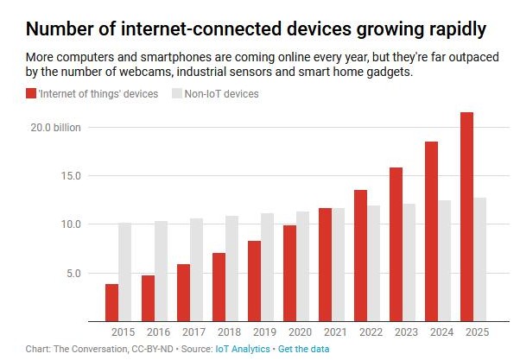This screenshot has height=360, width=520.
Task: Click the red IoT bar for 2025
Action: click(x=467, y=216)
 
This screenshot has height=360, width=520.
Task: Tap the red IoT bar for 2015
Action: click(x=112, y=302)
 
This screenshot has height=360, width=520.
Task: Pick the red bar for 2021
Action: click(x=325, y=264)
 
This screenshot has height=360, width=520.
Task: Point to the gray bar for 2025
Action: click(x=480, y=259)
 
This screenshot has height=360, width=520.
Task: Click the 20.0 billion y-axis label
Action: click(x=56, y=128)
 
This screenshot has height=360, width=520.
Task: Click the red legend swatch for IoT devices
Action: click(x=31, y=93)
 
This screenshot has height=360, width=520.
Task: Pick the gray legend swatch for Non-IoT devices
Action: click(x=179, y=93)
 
